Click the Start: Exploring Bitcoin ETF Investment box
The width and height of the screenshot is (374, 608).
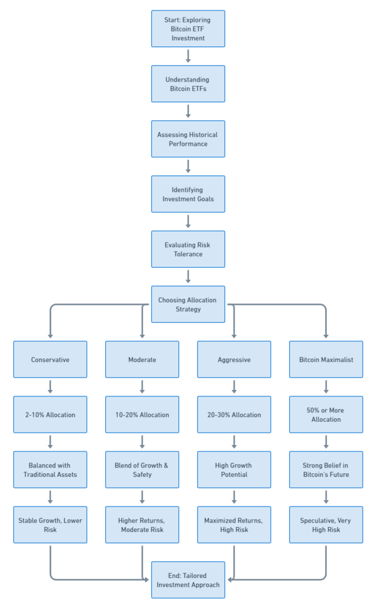coord(188,29)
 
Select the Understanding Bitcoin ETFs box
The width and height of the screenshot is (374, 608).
coord(188,84)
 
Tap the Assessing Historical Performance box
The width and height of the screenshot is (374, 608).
coord(188,139)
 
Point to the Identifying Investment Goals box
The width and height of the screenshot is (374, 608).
coord(188,194)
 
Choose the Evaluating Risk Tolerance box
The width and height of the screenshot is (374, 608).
coord(188,249)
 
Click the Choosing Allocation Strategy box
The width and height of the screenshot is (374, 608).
coord(188,304)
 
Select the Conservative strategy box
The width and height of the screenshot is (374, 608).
coord(50,360)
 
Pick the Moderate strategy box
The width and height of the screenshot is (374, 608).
coord(142,360)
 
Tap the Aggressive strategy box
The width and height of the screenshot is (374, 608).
coord(234,360)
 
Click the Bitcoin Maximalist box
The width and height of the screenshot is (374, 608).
coord(326,360)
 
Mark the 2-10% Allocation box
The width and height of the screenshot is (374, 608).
coord(50,415)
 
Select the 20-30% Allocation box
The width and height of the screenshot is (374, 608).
coord(234,415)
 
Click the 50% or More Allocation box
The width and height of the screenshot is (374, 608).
coord(326,415)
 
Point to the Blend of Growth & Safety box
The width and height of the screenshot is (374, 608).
coord(142,470)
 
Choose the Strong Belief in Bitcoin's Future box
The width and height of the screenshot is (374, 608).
coord(326,470)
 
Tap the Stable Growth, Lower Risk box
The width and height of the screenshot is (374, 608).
coord(50,525)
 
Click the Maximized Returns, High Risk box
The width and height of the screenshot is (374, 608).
coord(234,525)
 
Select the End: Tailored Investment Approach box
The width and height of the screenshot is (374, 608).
coord(188,580)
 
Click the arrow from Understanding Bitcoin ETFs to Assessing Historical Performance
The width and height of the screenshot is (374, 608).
coord(188,111)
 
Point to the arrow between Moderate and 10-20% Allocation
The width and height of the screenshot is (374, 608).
coord(142,387)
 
